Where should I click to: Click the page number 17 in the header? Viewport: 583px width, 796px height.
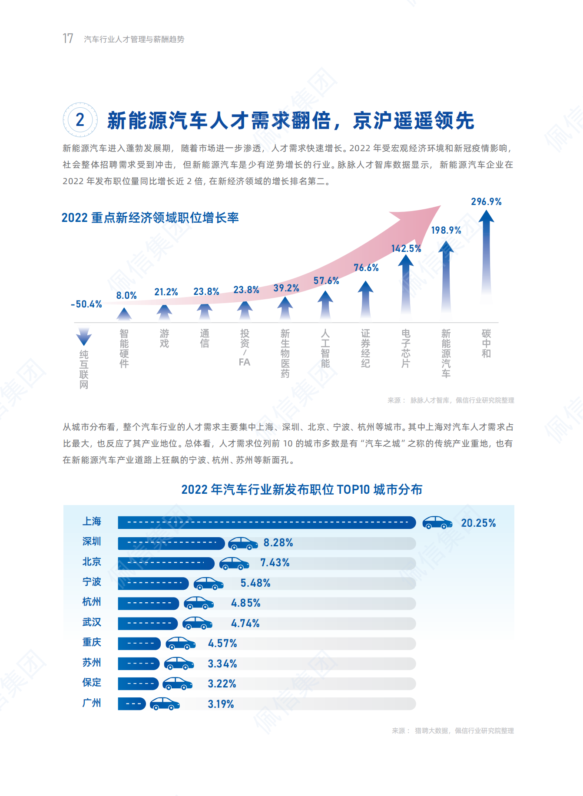68,39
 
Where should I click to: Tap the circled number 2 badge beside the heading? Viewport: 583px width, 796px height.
80,120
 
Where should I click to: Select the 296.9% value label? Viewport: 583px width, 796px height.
486,201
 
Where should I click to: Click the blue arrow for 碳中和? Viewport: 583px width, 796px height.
486,256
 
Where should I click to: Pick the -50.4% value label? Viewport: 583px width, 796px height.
86,304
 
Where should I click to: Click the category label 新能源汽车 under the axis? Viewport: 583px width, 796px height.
446,353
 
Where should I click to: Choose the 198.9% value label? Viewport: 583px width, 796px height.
446,230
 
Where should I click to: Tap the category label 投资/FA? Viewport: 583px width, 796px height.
245,347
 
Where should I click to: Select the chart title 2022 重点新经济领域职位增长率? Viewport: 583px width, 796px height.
150,218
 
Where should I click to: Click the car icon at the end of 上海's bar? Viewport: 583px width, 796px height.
437,522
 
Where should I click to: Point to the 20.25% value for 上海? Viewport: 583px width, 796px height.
478,523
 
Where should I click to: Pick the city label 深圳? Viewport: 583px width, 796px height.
92,542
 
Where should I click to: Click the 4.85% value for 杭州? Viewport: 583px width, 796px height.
245,603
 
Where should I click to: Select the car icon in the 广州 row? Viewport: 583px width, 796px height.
165,704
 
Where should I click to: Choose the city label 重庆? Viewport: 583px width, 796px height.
92,642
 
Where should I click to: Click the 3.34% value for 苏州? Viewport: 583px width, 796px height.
222,664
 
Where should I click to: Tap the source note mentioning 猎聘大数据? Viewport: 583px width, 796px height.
453,731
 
